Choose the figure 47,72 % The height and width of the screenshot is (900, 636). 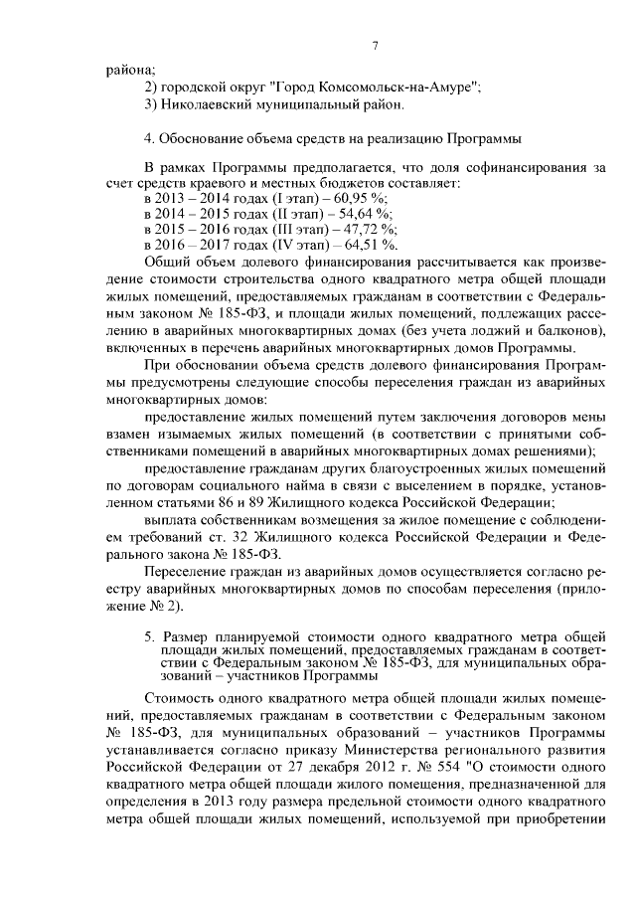[x=365, y=229]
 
